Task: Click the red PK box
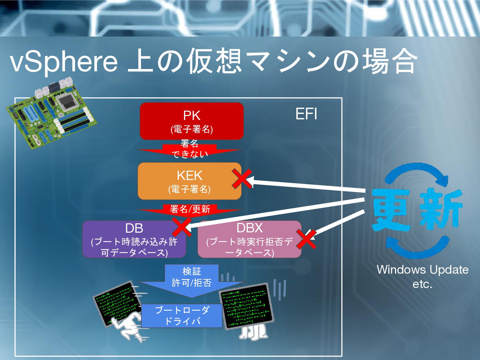pyautogui.click(x=192, y=121)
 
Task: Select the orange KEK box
pyautogui.click(x=189, y=181)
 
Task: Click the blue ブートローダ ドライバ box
pyautogui.click(x=182, y=316)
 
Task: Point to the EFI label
pyautogui.click(x=306, y=114)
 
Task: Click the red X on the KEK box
pyautogui.click(x=242, y=179)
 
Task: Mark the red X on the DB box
pyautogui.click(x=182, y=227)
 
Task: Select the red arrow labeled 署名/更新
pyautogui.click(x=190, y=209)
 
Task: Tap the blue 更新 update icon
pyautogui.click(x=417, y=210)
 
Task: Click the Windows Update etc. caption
pyautogui.click(x=422, y=276)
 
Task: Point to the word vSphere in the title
pyautogui.click(x=63, y=62)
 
